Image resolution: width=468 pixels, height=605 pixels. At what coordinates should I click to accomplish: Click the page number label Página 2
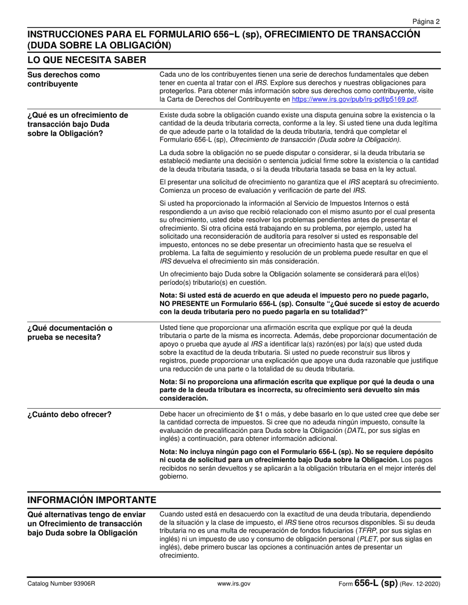[x=427, y=22]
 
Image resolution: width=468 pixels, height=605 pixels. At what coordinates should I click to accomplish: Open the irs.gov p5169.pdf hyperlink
[x=355, y=99]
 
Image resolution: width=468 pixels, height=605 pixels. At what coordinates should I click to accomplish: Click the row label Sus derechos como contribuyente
[x=64, y=79]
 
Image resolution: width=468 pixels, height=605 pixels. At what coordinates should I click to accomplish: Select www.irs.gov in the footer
[x=234, y=584]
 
